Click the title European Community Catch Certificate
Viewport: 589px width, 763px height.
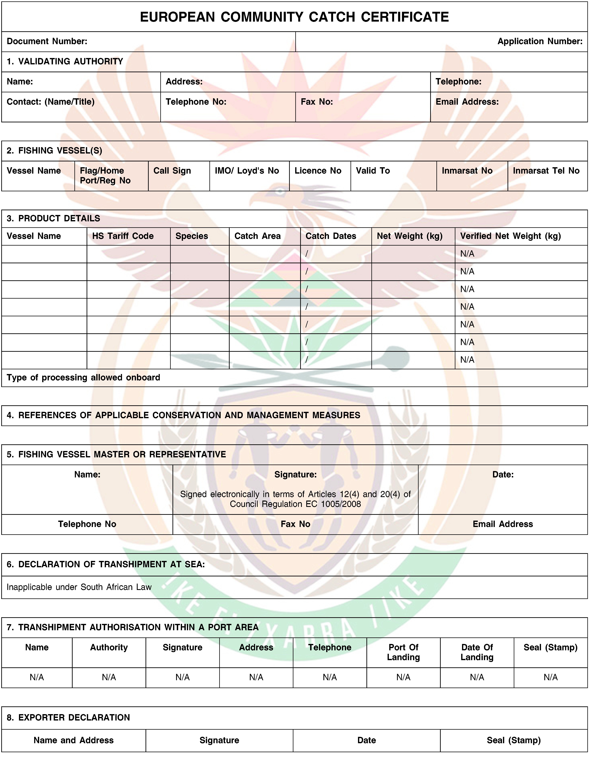click(294, 17)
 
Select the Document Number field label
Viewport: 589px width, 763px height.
click(47, 41)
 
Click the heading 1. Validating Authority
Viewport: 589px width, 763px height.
click(65, 61)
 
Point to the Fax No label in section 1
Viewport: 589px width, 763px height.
click(317, 102)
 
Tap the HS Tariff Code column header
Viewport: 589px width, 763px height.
click(123, 236)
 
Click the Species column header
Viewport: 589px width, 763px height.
click(192, 236)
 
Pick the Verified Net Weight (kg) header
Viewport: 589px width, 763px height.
click(510, 236)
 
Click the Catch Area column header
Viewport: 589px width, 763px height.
click(257, 236)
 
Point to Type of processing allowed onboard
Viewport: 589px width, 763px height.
click(83, 378)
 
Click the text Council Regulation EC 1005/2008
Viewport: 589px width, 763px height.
click(295, 504)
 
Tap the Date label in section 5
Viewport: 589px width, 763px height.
click(503, 474)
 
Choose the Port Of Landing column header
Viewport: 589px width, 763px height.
click(403, 652)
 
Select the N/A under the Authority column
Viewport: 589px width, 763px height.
click(109, 677)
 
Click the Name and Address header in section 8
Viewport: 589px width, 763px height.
click(74, 740)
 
